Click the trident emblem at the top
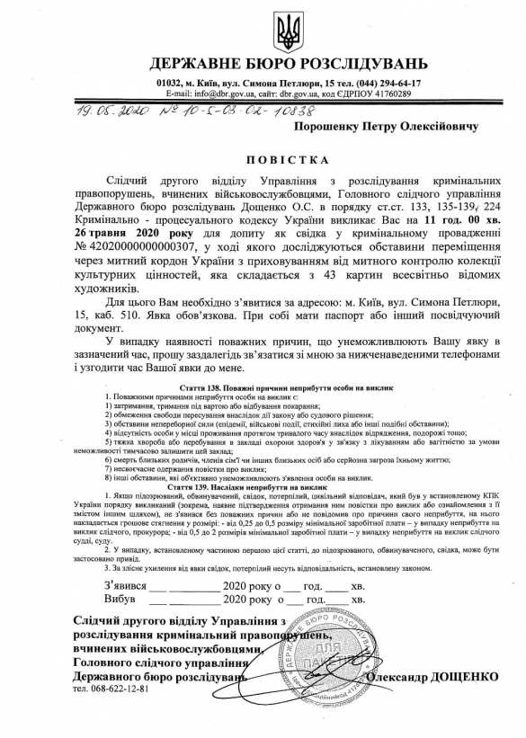pyautogui.click(x=289, y=29)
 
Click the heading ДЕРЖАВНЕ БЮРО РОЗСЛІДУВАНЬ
pyautogui.click(x=289, y=65)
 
